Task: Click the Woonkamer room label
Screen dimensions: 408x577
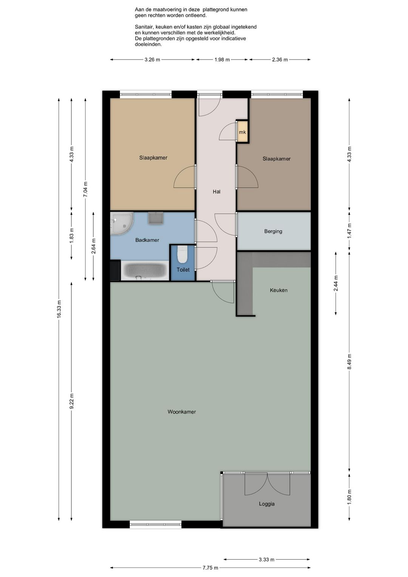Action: [x=182, y=412]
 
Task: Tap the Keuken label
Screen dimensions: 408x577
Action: [x=278, y=290]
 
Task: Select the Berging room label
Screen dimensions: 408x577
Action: [x=273, y=231]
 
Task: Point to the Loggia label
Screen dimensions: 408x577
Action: [x=267, y=504]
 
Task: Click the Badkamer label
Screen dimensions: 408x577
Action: [x=147, y=240]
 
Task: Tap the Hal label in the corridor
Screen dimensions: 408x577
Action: [x=216, y=192]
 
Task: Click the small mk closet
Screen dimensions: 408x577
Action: [x=243, y=131]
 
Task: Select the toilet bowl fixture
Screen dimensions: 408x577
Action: [x=182, y=254]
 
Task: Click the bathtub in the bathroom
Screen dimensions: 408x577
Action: [x=145, y=271]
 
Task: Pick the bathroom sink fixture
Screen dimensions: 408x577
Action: [x=156, y=219]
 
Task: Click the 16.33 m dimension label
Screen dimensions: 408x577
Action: [x=59, y=309]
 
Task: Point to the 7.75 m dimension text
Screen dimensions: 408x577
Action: [x=210, y=568]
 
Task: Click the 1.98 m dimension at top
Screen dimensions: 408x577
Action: [x=222, y=60]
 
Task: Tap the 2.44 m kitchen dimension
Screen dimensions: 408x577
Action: [x=336, y=283]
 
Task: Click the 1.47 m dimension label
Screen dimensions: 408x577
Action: [x=349, y=231]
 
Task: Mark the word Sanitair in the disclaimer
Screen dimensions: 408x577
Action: [x=144, y=27]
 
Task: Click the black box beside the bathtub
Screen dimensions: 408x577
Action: [x=115, y=270]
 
